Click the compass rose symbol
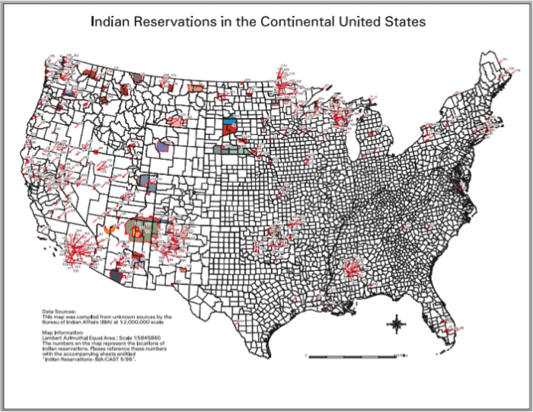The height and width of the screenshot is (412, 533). tap(396, 326)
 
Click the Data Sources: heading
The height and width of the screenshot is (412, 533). tap(59, 311)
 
